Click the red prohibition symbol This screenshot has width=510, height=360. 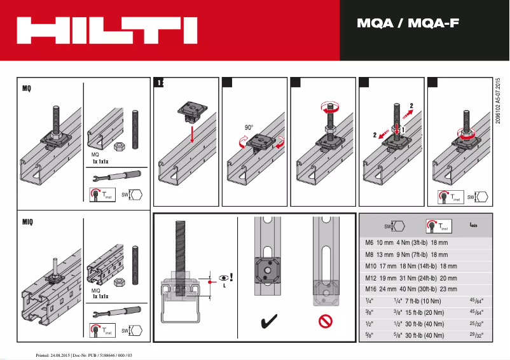pos(326,322)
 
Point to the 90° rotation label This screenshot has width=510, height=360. pos(250,128)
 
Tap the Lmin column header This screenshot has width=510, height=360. pos(474,225)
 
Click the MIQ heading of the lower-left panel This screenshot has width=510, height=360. pos(27,223)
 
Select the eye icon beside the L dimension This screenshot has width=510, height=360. pos(223,278)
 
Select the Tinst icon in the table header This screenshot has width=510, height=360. pos(437,226)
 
